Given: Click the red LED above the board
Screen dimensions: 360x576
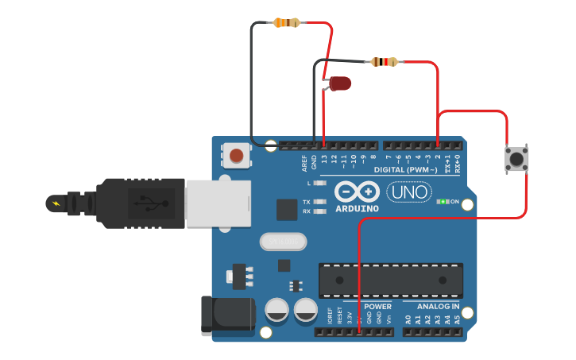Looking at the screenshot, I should tap(340, 83).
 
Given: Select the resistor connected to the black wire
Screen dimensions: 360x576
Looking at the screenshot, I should tap(286, 23).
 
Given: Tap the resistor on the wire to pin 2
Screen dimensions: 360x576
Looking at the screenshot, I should tap(385, 62).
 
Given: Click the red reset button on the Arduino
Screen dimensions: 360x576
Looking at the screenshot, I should tap(236, 155).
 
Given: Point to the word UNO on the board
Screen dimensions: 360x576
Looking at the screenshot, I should tap(409, 192).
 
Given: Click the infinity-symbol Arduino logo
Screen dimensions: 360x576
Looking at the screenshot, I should tap(356, 192).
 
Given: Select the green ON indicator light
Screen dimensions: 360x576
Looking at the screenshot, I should tap(442, 202).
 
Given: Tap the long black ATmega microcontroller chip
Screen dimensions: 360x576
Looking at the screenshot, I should tap(390, 279).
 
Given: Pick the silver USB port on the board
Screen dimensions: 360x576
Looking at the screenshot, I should tap(218, 203).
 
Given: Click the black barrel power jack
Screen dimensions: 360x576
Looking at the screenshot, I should tap(226, 314).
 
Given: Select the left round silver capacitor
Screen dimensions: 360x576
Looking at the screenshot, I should tap(277, 310).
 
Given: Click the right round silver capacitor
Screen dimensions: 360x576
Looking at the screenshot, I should tap(306, 310).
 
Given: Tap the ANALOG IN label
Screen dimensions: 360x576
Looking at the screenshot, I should tap(432, 306).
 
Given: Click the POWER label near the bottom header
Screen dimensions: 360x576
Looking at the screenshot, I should tap(377, 306).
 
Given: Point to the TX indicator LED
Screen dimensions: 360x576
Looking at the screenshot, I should tap(320, 202).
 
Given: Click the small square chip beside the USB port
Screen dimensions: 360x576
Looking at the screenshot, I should tap(286, 209).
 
